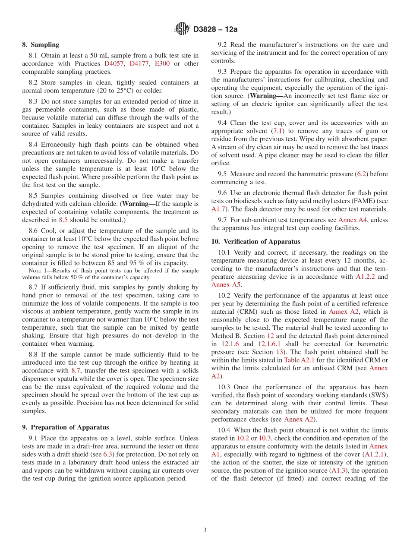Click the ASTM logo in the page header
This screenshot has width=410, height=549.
tap(182, 29)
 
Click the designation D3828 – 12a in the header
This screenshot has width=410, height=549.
tap(215, 29)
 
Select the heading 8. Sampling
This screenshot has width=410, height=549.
tap(41, 44)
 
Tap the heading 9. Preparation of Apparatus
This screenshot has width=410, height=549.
tap(65, 427)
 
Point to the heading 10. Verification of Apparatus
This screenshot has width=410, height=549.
tap(255, 242)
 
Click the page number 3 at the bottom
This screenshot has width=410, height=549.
tap(205, 530)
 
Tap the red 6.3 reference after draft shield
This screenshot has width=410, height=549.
tap(107, 454)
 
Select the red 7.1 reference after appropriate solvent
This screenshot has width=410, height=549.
tap(277, 131)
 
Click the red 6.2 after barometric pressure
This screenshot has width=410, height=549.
tap(361, 174)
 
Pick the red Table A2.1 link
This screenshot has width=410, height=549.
tap(298, 360)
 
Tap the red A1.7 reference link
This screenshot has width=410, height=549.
tap(218, 209)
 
